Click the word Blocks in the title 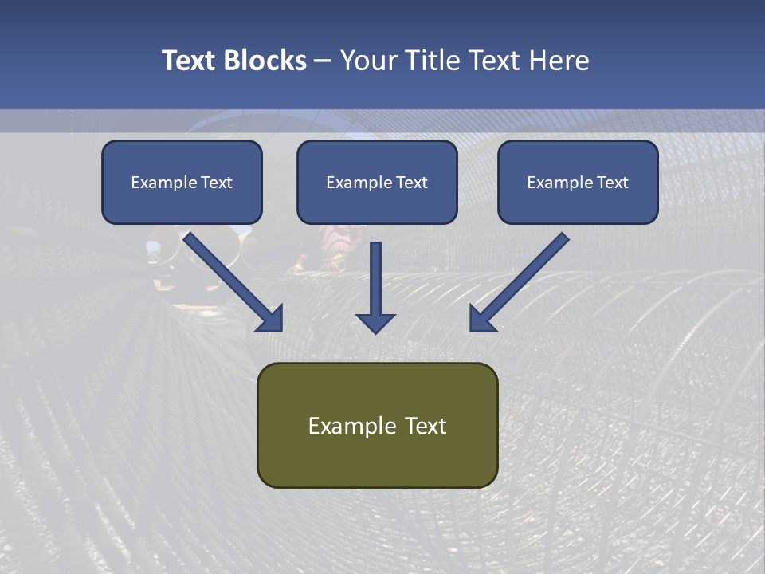265,61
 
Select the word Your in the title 368,61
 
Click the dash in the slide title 324,61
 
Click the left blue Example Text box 182,183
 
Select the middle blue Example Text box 377,183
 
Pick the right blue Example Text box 578,183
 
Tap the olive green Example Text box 377,426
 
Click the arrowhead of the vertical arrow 375,322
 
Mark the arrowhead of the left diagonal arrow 271,319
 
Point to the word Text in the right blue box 613,183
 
